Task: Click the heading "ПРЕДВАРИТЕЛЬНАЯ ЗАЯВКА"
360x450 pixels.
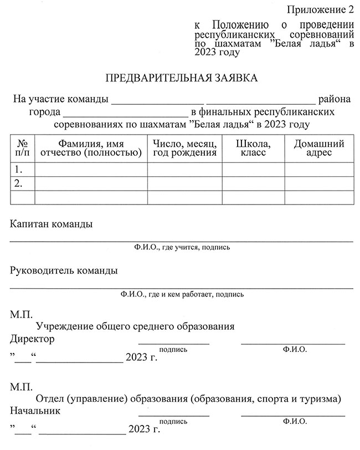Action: tap(181, 78)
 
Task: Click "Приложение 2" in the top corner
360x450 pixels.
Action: tap(320, 9)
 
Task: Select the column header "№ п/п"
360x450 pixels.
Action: tap(23, 148)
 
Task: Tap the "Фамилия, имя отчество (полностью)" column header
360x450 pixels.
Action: tap(91, 148)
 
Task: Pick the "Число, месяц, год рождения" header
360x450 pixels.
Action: tap(184, 148)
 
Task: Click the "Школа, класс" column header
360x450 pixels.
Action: tap(253, 148)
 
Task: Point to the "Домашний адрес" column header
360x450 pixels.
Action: tap(319, 148)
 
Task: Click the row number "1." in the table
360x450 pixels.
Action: tap(19, 169)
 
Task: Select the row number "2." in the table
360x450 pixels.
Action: tap(19, 183)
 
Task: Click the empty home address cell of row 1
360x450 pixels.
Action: tap(319, 169)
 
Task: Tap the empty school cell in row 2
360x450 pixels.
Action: tap(253, 183)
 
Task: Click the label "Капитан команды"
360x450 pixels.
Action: tap(52, 224)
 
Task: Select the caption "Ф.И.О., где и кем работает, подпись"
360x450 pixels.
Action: tap(182, 294)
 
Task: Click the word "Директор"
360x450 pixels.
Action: tap(32, 339)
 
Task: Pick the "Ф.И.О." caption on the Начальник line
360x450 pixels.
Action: tap(294, 422)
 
